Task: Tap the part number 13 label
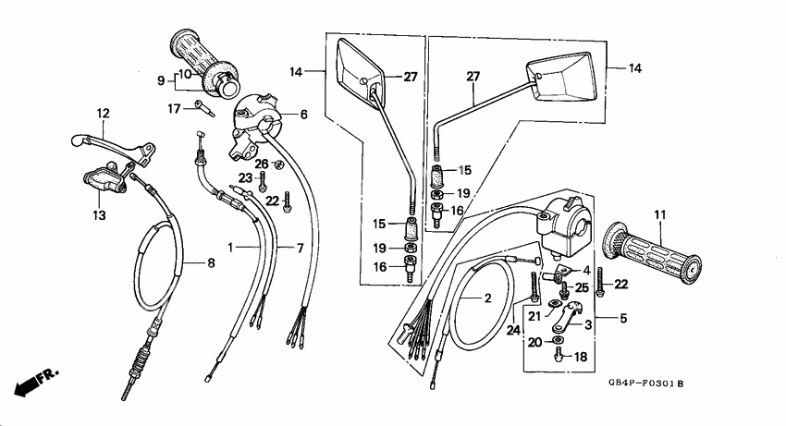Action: pos(98,214)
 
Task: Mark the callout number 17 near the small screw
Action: pos(172,108)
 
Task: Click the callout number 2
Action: pos(487,298)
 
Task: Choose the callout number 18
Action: pos(580,356)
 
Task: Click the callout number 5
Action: pos(623,319)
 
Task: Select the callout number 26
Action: pos(262,164)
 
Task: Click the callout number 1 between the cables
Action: pos(231,248)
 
